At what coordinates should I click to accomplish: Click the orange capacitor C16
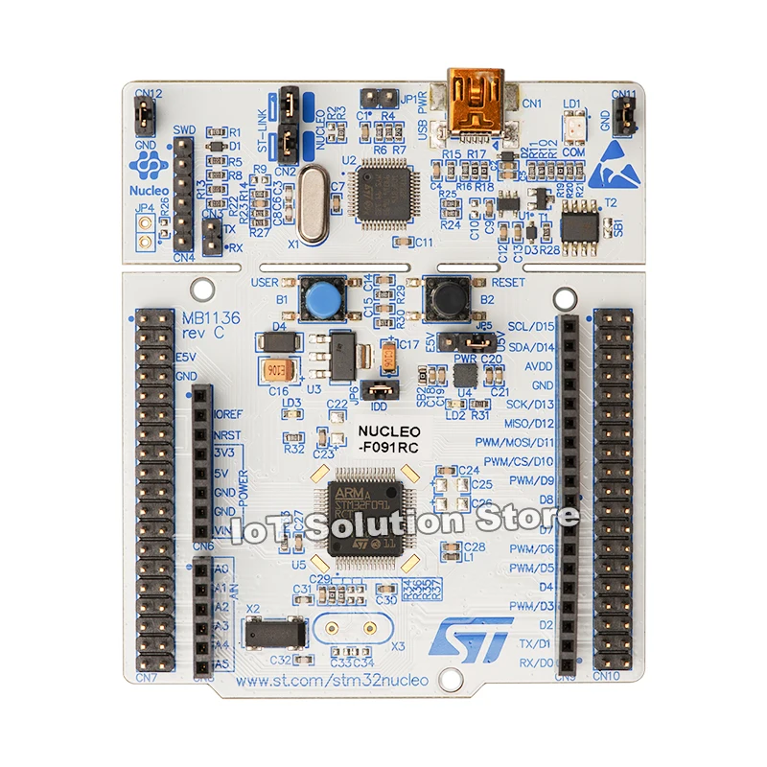click(273, 370)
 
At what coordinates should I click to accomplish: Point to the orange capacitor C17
click(389, 357)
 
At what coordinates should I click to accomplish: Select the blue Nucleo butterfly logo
click(151, 169)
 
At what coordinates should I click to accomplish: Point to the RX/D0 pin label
click(536, 662)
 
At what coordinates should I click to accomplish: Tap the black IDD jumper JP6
click(383, 389)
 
